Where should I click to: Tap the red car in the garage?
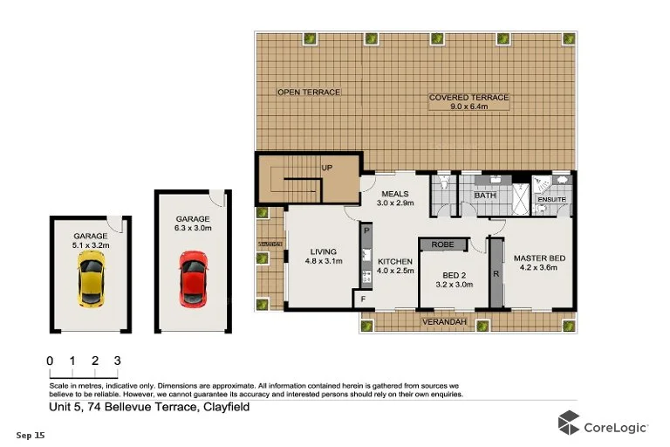(x=194, y=279)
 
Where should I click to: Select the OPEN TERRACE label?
(x=308, y=92)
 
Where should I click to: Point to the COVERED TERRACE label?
(x=468, y=98)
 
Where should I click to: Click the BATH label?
(x=484, y=196)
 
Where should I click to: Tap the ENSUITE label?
(x=551, y=201)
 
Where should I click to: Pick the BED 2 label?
(x=453, y=273)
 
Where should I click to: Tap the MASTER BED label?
(x=540, y=258)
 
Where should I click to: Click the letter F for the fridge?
(x=364, y=299)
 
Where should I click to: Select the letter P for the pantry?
(x=366, y=230)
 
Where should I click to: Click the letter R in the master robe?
(x=496, y=274)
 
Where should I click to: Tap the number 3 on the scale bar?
(x=116, y=360)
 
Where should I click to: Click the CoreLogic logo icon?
(x=569, y=425)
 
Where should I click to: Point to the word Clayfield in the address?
(x=226, y=407)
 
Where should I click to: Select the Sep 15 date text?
(x=31, y=434)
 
